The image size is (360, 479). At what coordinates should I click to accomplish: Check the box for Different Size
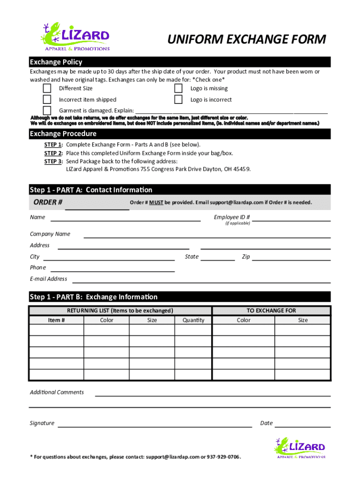(x=47, y=88)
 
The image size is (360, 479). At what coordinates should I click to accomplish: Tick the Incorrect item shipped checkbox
(x=47, y=99)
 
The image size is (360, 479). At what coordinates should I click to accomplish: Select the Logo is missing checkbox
(x=178, y=88)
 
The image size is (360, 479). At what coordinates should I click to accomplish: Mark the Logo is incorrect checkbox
(x=178, y=99)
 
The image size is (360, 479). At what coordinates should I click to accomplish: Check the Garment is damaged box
(x=47, y=110)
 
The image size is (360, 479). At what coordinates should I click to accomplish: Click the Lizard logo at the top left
(x=75, y=36)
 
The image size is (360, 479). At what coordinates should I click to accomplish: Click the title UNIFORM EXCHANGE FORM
(x=246, y=40)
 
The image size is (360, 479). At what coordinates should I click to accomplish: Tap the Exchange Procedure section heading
(x=63, y=134)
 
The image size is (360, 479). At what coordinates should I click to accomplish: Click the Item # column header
(x=57, y=320)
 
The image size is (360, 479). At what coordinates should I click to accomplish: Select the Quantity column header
(x=193, y=320)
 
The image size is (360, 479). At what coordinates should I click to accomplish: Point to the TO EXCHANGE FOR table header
(x=271, y=311)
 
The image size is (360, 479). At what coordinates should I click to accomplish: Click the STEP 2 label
(x=53, y=153)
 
